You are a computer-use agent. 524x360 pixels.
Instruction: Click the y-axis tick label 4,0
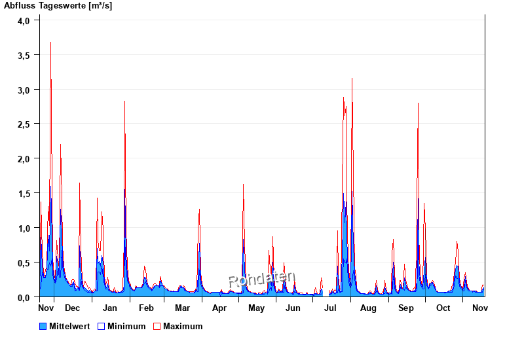coord(24,20)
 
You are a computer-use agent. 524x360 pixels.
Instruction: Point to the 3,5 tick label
coord(24,55)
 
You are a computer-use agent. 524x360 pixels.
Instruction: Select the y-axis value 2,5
coord(24,124)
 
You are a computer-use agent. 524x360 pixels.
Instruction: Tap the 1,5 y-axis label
coord(24,194)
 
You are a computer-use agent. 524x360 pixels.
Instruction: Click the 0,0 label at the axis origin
coord(24,298)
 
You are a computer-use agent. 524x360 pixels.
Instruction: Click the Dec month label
coord(72,308)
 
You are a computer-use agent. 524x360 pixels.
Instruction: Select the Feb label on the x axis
coord(146,308)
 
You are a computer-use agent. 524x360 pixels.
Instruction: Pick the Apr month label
coord(219,308)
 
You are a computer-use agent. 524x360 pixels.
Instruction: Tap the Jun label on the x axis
coord(293,308)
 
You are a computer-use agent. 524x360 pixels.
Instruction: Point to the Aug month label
coord(368,308)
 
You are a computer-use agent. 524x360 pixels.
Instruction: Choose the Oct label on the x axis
coord(443,308)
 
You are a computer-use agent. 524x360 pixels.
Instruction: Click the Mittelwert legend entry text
coord(69,326)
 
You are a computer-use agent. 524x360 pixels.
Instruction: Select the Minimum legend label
coord(126,326)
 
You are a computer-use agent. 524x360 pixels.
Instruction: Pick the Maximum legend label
coord(183,326)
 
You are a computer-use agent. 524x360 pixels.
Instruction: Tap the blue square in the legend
coord(43,326)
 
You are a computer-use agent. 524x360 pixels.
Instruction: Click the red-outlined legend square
coord(157,326)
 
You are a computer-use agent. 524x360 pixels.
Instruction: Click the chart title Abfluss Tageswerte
coord(58,6)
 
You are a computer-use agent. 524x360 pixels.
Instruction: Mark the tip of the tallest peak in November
coord(50,43)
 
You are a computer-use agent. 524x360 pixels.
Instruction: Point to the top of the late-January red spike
coord(124,101)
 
